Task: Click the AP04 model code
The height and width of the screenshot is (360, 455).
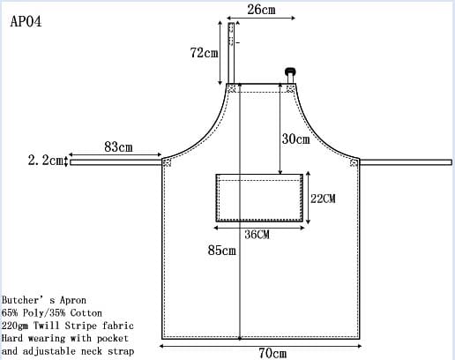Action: click(x=26, y=21)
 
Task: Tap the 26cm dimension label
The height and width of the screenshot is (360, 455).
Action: click(x=261, y=10)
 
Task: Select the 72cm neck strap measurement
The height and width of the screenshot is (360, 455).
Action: click(x=204, y=53)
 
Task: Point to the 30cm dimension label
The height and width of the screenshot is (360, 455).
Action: click(x=295, y=139)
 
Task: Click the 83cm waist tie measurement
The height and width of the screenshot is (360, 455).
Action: click(x=118, y=146)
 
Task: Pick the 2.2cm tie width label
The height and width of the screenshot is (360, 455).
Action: click(x=46, y=161)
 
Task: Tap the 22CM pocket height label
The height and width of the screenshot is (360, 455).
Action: click(x=323, y=199)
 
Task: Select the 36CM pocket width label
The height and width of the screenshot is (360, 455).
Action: click(x=257, y=235)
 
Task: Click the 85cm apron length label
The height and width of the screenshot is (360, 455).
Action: click(x=221, y=251)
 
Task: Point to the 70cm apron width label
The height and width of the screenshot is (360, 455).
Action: click(x=272, y=353)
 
